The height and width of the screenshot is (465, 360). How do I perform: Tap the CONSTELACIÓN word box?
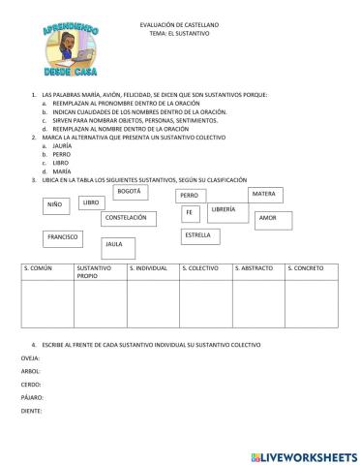(x=128, y=219)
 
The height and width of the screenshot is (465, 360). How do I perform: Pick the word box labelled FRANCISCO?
(x=63, y=236)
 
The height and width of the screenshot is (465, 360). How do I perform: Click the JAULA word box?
(x=120, y=246)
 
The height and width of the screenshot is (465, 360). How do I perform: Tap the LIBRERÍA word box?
(x=225, y=210)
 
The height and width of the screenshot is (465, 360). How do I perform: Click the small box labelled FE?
(x=191, y=213)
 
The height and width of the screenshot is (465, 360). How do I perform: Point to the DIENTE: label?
(x=32, y=411)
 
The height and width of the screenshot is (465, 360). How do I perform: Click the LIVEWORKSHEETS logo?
(x=303, y=454)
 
